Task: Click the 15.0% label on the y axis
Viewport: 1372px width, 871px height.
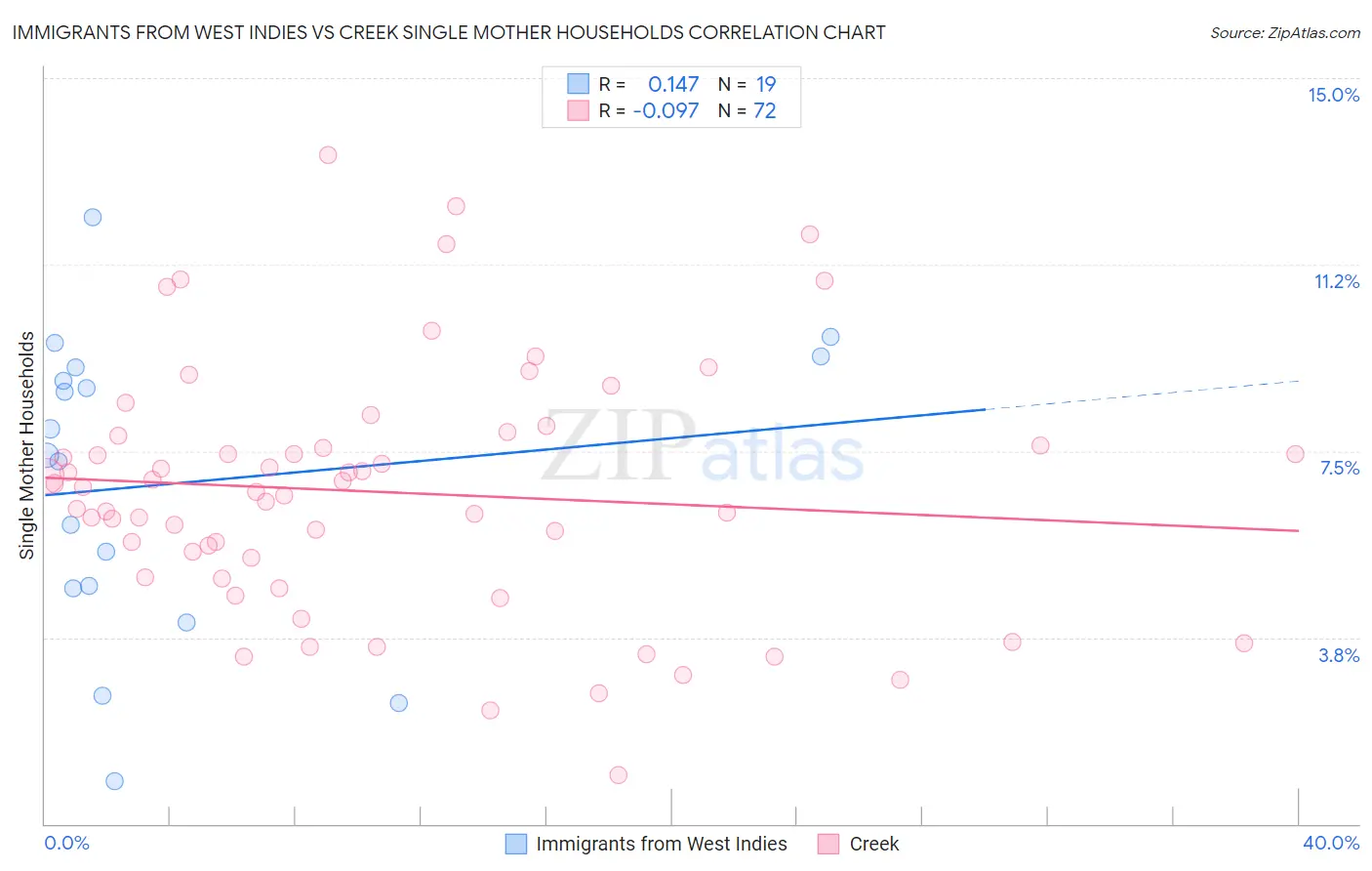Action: [x=1333, y=95]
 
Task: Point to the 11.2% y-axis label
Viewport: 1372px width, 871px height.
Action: [x=1336, y=281]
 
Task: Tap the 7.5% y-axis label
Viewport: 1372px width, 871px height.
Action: [x=1339, y=468]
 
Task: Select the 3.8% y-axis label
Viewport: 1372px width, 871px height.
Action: [x=1339, y=655]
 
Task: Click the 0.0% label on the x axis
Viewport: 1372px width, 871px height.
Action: [x=66, y=843]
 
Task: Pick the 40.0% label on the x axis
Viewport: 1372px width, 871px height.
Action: [x=1330, y=843]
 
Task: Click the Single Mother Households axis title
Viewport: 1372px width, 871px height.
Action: [x=27, y=445]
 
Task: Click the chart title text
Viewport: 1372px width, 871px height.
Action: [x=449, y=32]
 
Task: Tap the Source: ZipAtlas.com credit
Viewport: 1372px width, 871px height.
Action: [x=1284, y=32]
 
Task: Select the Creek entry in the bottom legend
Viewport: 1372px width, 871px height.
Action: [x=873, y=844]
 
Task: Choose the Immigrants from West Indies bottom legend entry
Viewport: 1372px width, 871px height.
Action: [x=661, y=844]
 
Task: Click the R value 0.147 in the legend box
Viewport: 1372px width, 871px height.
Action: [x=673, y=85]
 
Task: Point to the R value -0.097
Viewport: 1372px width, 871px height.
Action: [x=666, y=111]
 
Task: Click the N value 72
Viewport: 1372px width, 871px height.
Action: [x=764, y=111]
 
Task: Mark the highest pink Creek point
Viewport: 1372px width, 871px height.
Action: [x=328, y=155]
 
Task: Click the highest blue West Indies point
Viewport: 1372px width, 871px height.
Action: [x=93, y=217]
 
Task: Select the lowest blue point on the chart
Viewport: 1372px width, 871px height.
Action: [x=114, y=781]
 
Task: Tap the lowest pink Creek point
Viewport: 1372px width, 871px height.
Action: [x=618, y=775]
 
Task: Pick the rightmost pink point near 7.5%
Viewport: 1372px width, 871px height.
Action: [x=1295, y=454]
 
